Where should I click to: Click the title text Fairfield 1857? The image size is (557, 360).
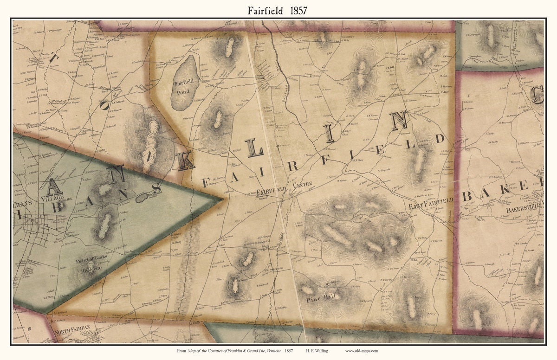[278, 10]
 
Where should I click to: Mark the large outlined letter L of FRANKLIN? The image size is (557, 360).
[255, 148]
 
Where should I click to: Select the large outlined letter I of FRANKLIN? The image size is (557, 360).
[330, 134]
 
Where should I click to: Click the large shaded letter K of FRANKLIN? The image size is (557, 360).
[186, 161]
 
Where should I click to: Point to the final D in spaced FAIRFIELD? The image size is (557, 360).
[440, 138]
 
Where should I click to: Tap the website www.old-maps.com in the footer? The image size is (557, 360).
[362, 351]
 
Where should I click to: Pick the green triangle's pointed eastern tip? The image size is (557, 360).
[222, 199]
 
